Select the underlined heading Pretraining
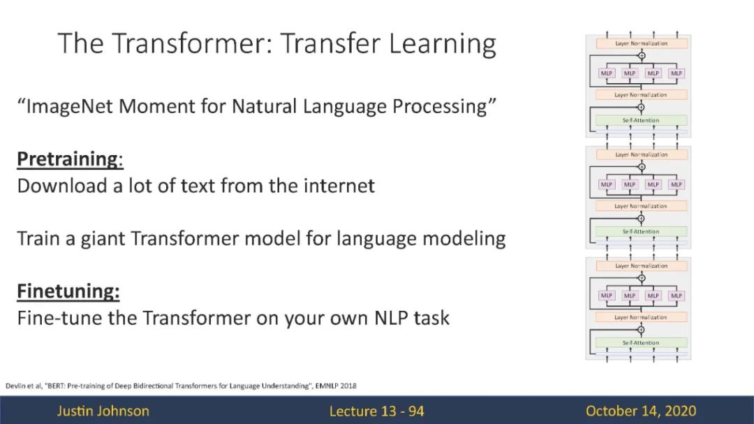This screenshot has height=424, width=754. (68, 159)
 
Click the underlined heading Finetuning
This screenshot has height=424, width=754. (68, 291)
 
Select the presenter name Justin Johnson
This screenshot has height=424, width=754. (103, 411)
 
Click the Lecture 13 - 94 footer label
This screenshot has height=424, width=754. (376, 411)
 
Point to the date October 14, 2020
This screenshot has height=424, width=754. (640, 411)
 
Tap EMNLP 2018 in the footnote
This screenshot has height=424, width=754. (336, 386)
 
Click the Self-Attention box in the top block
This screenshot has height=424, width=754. (641, 120)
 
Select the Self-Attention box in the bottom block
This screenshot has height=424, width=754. (641, 343)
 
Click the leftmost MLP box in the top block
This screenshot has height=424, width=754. (607, 73)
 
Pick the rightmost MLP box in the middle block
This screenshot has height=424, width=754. (676, 184)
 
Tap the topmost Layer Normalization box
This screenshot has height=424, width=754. (642, 43)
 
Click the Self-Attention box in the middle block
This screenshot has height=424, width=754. (641, 231)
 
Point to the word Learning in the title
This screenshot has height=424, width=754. (443, 44)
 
